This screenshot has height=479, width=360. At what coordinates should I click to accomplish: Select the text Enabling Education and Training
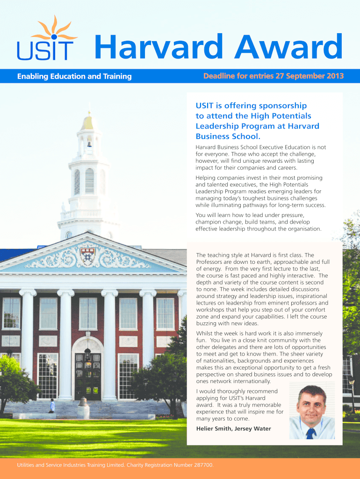coord(74,76)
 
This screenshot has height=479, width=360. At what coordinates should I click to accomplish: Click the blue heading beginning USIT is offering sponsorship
coord(257,121)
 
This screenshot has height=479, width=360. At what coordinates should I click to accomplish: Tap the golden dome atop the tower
coord(87,123)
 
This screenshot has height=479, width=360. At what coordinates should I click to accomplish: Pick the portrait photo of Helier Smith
coord(312,412)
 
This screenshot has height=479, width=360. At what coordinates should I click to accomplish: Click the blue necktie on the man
coord(310,433)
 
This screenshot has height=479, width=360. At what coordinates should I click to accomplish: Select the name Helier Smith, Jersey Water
coord(233,428)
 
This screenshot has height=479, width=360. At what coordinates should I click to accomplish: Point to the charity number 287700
coord(202,465)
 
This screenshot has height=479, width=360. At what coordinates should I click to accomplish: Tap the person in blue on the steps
coord(52,406)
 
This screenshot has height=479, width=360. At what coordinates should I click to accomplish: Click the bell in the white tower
coord(88,144)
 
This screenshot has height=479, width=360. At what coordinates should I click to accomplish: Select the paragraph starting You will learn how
coord(259,222)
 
